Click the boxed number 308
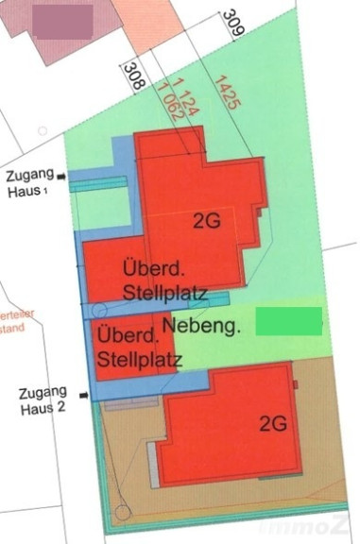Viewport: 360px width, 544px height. [x=134, y=76]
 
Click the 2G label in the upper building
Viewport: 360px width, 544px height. [x=207, y=223]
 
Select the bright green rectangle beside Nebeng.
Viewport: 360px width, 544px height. [x=289, y=319]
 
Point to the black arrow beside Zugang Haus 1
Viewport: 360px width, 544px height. [x=62, y=176]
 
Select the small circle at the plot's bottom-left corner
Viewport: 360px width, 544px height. [x=121, y=513]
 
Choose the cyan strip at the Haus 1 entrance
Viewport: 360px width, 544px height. [x=96, y=186]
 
